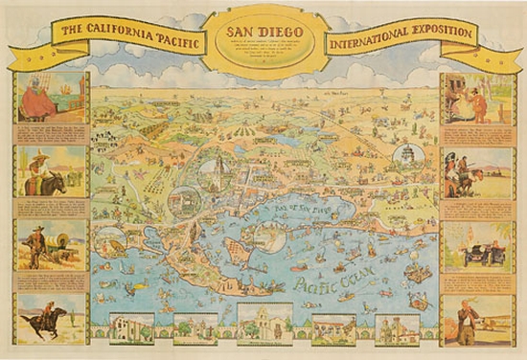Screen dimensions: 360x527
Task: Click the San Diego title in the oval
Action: point(263,30)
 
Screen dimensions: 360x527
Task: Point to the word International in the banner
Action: point(369,42)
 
